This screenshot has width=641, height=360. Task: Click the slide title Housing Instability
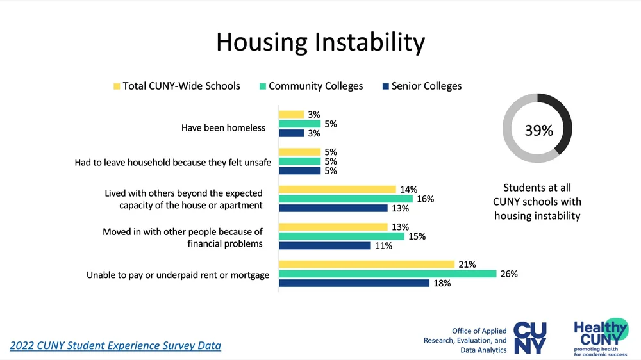click(320, 42)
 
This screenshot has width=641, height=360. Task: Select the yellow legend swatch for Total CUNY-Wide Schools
click(117, 86)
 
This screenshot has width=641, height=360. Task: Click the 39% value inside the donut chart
click(538, 131)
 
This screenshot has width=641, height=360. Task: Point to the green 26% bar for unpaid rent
click(387, 274)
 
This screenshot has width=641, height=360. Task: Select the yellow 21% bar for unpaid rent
click(365, 264)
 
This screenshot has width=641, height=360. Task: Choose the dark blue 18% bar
click(354, 283)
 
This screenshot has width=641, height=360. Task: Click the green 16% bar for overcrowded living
click(345, 199)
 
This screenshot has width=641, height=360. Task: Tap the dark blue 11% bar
click(324, 245)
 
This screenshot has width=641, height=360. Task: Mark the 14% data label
click(408, 190)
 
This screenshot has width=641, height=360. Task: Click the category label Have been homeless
click(223, 128)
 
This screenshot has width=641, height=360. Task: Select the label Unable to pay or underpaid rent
click(178, 275)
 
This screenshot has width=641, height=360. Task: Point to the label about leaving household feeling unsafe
click(172, 163)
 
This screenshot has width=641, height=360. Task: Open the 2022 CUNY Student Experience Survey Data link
click(115, 346)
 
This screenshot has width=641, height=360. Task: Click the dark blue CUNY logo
click(531, 337)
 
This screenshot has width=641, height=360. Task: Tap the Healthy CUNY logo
click(601, 337)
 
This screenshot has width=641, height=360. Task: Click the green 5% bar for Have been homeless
click(299, 124)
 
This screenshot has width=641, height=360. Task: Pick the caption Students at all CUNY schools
click(537, 202)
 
